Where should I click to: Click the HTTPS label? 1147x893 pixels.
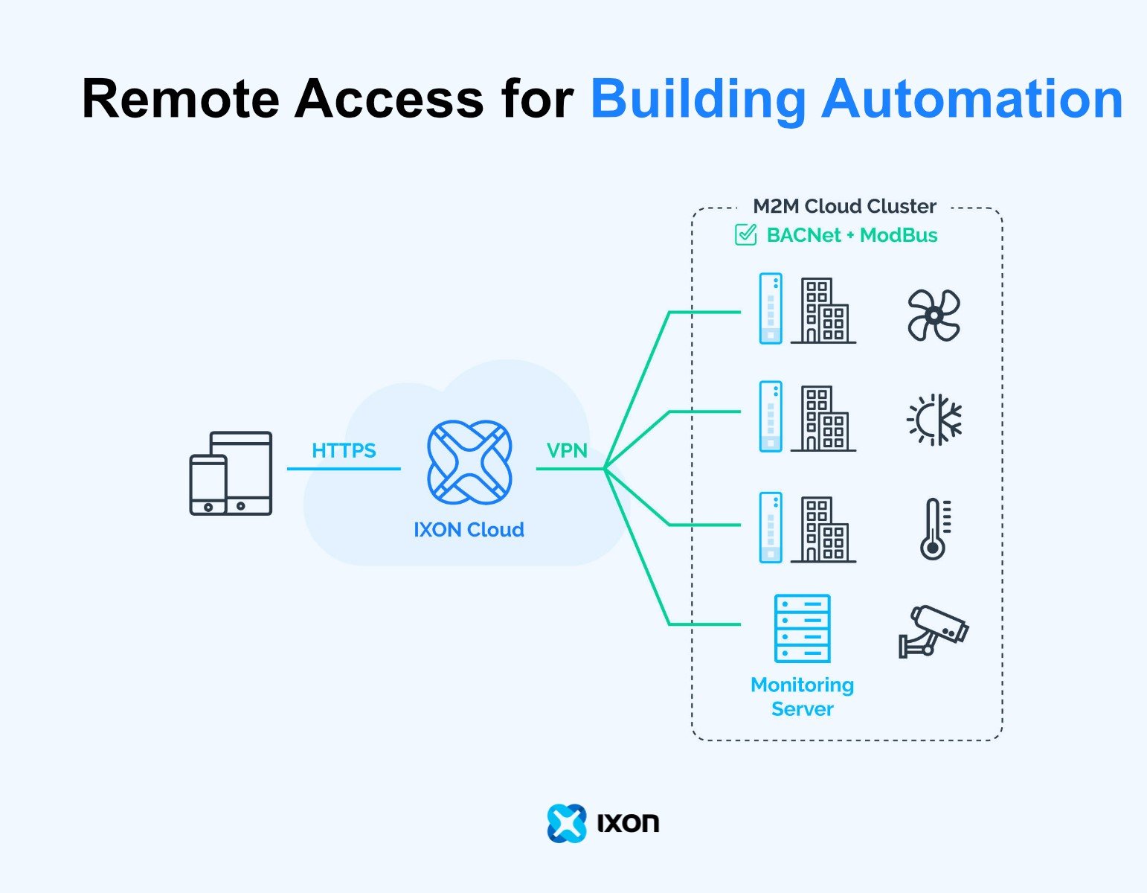[344, 450]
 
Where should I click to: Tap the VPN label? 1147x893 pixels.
[567, 450]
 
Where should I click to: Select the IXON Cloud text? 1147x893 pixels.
[469, 530]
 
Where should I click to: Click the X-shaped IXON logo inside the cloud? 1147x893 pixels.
[469, 461]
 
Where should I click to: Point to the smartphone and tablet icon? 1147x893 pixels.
[231, 473]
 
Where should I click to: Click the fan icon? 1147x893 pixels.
[934, 316]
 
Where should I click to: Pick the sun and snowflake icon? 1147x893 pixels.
[934, 420]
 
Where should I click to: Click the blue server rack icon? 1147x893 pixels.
[802, 629]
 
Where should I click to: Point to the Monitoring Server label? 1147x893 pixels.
[802, 697]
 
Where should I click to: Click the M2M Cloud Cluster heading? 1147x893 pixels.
[844, 206]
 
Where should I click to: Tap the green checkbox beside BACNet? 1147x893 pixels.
[745, 235]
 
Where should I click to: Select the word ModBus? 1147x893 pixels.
[899, 235]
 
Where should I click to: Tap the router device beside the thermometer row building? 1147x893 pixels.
[771, 528]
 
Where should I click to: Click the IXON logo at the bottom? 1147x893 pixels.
[603, 823]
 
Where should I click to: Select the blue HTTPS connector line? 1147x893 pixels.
[344, 469]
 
